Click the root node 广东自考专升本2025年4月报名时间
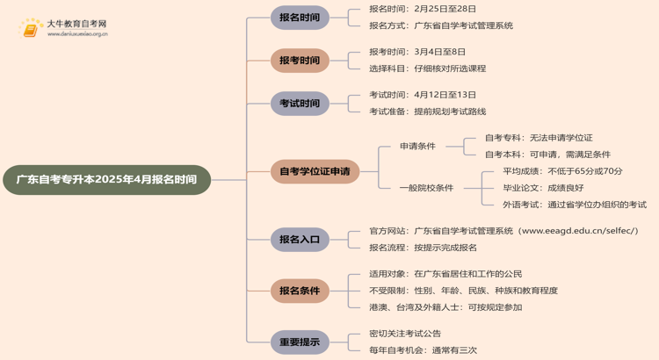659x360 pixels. click(106, 180)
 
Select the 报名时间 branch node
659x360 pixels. click(300, 18)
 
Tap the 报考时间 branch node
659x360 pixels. click(300, 61)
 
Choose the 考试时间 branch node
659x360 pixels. click(300, 104)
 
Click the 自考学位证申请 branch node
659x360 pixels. click(315, 171)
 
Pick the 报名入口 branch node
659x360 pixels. click(300, 239)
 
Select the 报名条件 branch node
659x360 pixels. click(300, 291)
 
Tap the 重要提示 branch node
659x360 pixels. click(300, 342)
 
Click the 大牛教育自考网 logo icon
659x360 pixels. click(32, 28)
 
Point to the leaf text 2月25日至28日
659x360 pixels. click(445, 9)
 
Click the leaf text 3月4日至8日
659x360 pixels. click(441, 52)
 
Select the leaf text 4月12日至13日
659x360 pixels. click(445, 95)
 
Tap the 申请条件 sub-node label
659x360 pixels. click(417, 146)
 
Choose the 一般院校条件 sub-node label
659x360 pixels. click(426, 188)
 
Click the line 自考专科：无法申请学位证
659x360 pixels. click(539, 138)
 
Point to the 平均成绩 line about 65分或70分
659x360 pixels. click(562, 171)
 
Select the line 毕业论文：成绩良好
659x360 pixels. click(542, 188)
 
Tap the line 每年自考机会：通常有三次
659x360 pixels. click(422, 350)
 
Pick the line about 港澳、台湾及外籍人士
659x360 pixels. click(445, 307)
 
